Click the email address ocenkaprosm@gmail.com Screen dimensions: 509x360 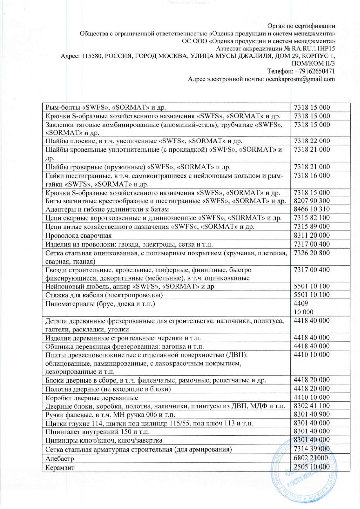pyautogui.click(x=300, y=79)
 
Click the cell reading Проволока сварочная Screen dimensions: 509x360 pyautogui.click(x=79, y=236)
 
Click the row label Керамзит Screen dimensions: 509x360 pyautogui.click(x=60, y=467)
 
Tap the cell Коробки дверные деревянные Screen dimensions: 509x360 pyautogui.click(x=92, y=398)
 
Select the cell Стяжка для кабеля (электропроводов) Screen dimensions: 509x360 pyautogui.click(x=104, y=295)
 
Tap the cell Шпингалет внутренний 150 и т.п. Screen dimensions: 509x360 pyautogui.click(x=97, y=432)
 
